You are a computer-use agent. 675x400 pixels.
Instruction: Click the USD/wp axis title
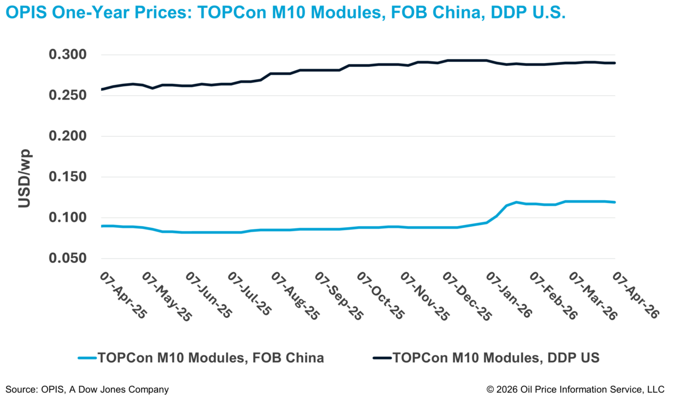point(24,178)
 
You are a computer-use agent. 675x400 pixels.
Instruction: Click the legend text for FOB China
point(211,358)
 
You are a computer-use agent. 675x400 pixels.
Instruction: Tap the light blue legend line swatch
point(87,358)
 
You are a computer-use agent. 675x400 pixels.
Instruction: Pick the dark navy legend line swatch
point(382,358)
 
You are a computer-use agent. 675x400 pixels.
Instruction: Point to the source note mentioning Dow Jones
point(87,389)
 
